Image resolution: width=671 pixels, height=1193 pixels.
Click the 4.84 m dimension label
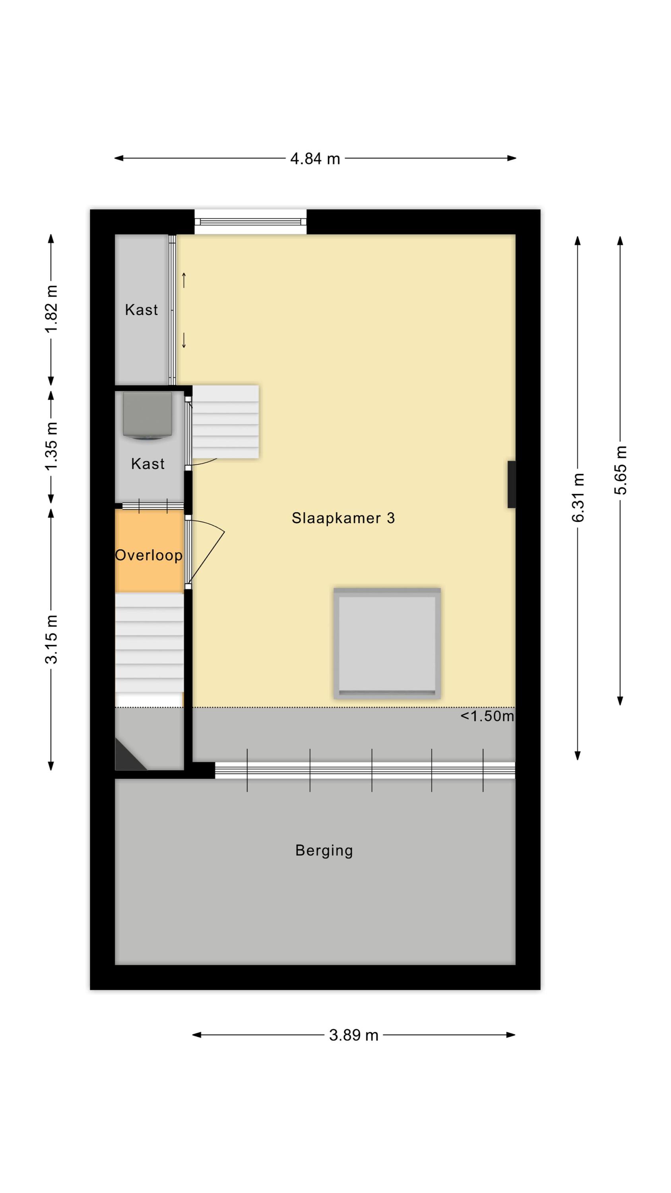click(314, 159)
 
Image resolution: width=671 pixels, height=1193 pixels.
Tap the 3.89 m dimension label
click(353, 1035)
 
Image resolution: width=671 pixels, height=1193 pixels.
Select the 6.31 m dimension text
click(578, 497)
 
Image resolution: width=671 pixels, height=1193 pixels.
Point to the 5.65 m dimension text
click(620, 470)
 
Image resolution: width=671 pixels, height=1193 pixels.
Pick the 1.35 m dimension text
click(51, 446)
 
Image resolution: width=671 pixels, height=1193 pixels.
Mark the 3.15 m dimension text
click(51, 639)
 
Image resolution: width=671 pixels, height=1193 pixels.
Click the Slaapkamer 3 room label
click(343, 518)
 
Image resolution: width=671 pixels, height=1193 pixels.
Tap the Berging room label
click(324, 850)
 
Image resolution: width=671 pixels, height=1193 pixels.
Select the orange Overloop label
click(149, 555)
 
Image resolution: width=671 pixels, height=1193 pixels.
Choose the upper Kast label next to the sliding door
click(141, 309)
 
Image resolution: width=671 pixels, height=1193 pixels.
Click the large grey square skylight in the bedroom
click(387, 643)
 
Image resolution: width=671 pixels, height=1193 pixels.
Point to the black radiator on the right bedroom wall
click(511, 484)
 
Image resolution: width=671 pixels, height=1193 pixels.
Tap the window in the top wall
click(250, 222)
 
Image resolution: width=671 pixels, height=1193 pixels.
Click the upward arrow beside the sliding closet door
click(184, 280)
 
